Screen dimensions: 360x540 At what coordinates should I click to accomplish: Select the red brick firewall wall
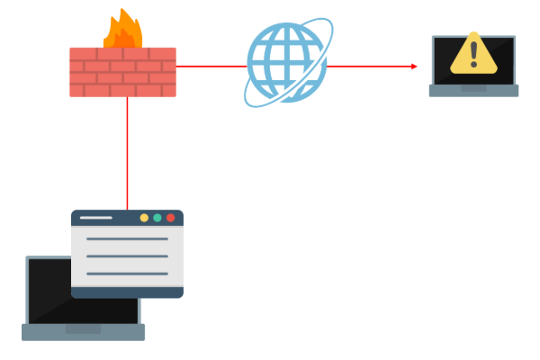tap(122, 72)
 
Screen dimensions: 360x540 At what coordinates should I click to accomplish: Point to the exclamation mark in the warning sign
tap(474, 54)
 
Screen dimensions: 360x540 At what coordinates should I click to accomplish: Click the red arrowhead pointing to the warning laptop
tap(414, 66)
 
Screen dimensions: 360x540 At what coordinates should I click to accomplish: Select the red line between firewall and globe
tap(211, 66)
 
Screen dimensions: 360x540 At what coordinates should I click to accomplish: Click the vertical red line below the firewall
tap(127, 153)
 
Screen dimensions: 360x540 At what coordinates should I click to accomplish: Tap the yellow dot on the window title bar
tap(144, 218)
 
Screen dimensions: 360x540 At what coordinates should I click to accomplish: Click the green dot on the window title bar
tap(157, 218)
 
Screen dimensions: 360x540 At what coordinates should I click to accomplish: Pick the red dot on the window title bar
tap(170, 218)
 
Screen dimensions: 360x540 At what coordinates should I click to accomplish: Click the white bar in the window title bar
tap(96, 218)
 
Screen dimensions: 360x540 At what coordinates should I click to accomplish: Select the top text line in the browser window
tap(127, 239)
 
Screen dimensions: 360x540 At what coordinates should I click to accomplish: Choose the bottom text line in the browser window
tap(127, 274)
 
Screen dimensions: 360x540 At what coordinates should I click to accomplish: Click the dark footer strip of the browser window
tap(127, 292)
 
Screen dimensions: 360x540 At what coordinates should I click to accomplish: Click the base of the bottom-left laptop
tap(83, 333)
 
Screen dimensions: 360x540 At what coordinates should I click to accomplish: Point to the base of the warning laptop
tap(473, 91)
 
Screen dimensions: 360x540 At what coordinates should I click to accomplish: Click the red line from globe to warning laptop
tap(369, 66)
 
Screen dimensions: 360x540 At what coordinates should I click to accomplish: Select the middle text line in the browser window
tap(127, 256)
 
